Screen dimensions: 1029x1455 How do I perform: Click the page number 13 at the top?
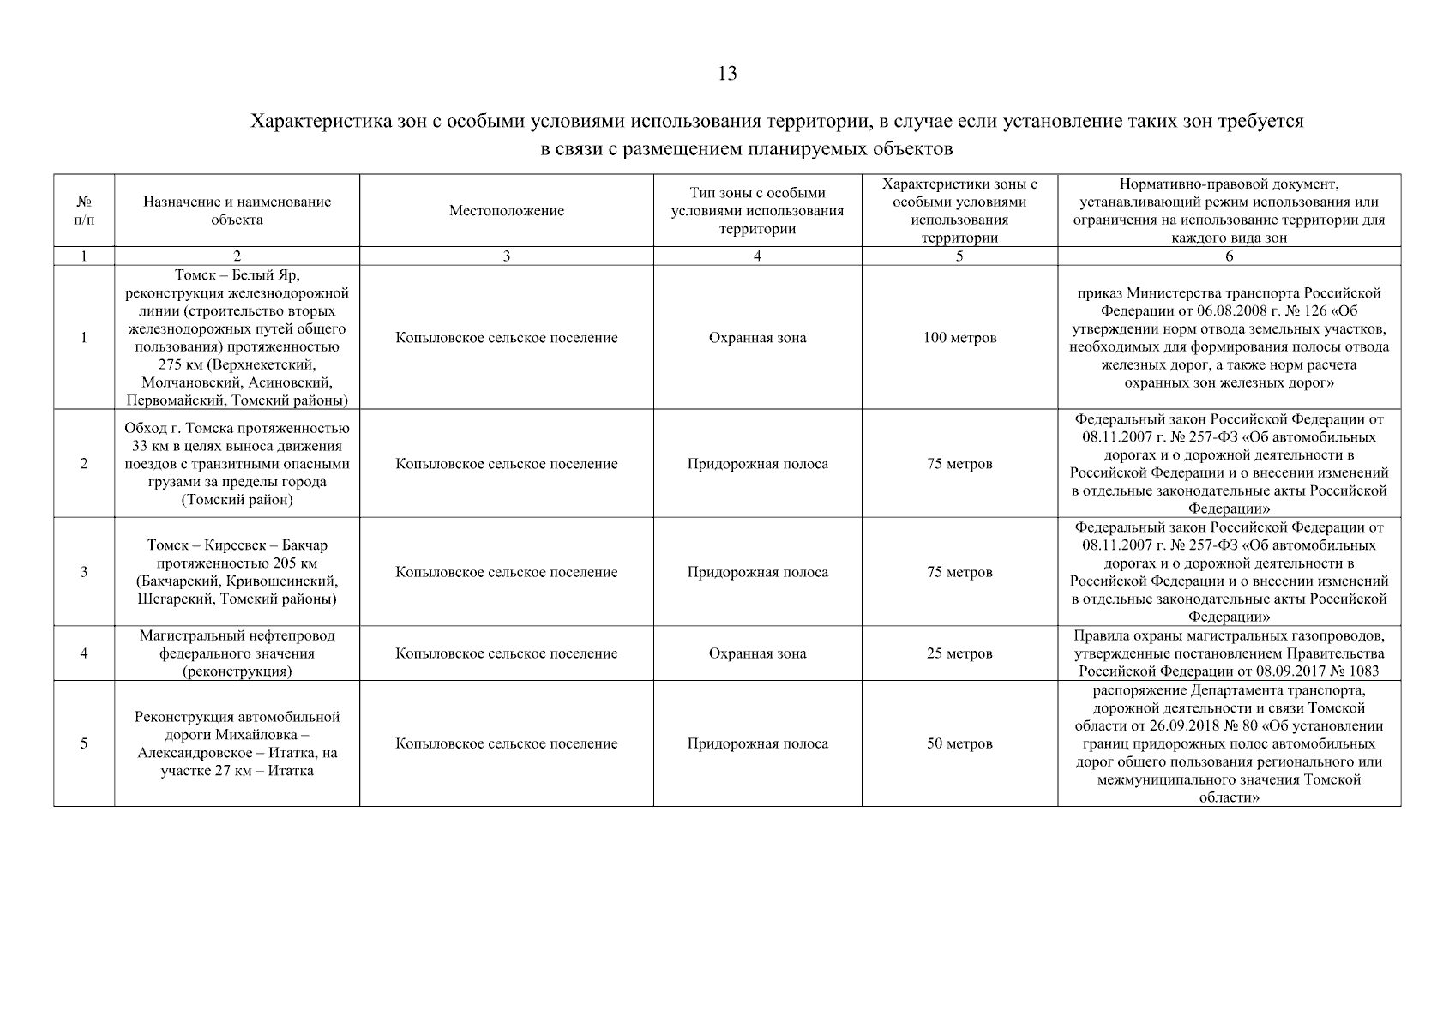click(726, 74)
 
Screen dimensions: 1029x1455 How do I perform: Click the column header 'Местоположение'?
click(506, 211)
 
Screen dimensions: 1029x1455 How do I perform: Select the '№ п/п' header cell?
click(84, 211)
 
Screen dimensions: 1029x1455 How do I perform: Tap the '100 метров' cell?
click(959, 338)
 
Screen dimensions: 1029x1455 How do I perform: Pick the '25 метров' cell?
click(959, 653)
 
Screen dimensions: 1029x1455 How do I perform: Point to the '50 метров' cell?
click(959, 743)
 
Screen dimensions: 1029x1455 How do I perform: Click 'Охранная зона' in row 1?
click(757, 338)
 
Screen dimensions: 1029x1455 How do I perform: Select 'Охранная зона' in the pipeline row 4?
click(757, 653)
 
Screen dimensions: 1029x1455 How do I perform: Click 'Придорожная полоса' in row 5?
click(757, 743)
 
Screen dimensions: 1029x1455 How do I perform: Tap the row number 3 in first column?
click(84, 572)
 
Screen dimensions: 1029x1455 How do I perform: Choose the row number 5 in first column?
click(84, 743)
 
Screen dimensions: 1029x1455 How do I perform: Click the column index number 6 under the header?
click(1229, 256)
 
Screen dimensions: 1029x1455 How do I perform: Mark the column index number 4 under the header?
click(757, 256)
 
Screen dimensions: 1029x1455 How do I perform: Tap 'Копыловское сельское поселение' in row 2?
click(506, 464)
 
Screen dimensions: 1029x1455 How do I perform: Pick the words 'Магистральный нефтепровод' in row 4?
click(237, 635)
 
